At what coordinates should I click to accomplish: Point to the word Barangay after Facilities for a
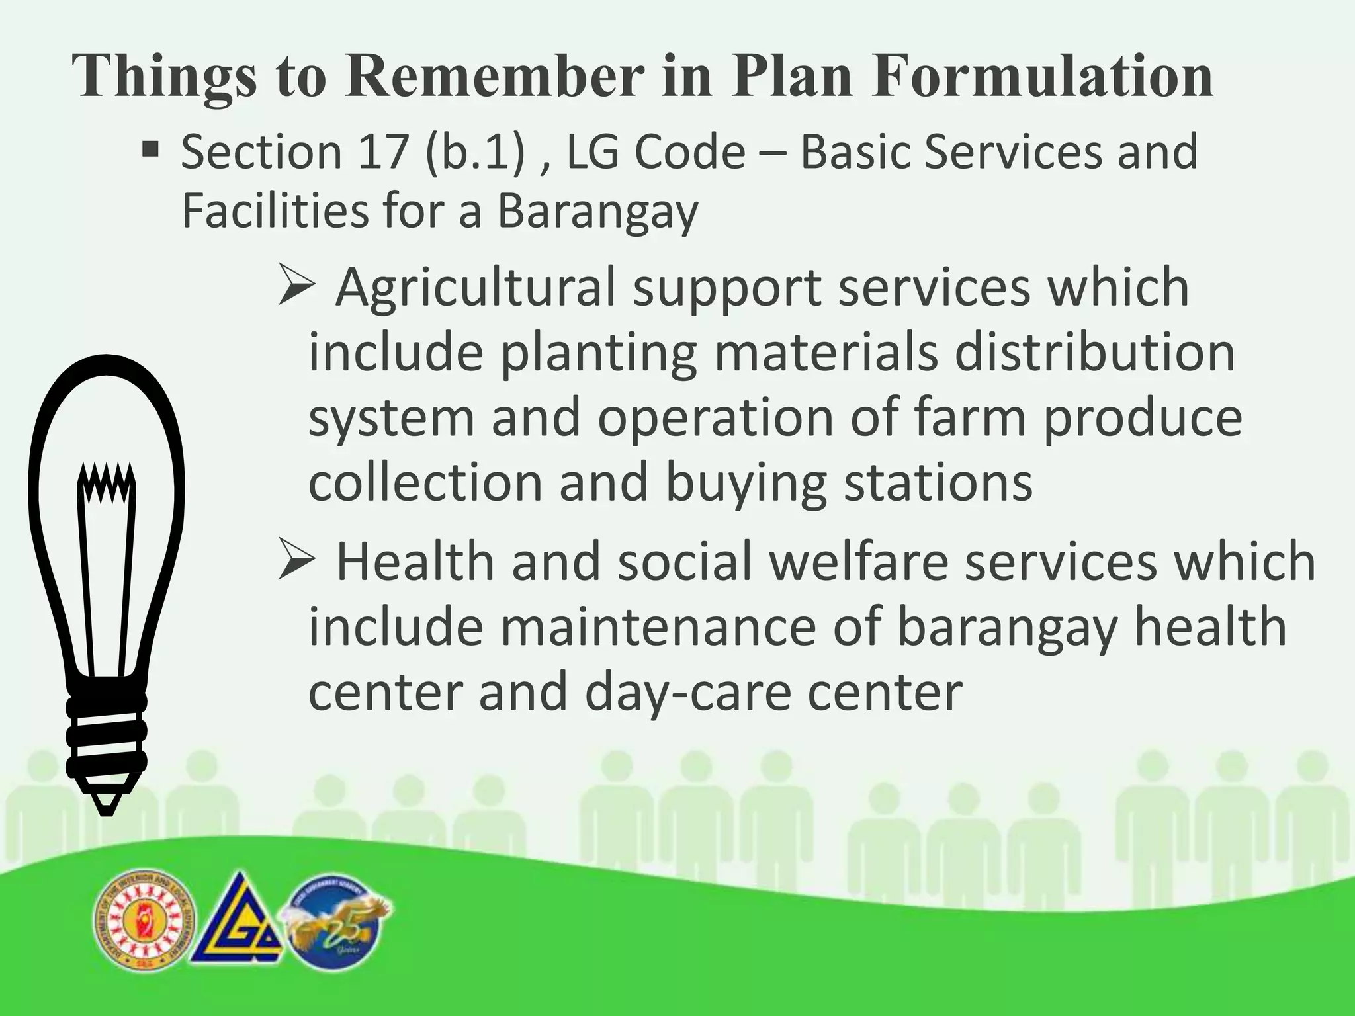pos(597,212)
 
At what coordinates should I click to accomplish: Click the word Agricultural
pos(475,288)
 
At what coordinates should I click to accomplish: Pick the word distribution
pos(1094,353)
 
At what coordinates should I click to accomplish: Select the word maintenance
pos(658,626)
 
